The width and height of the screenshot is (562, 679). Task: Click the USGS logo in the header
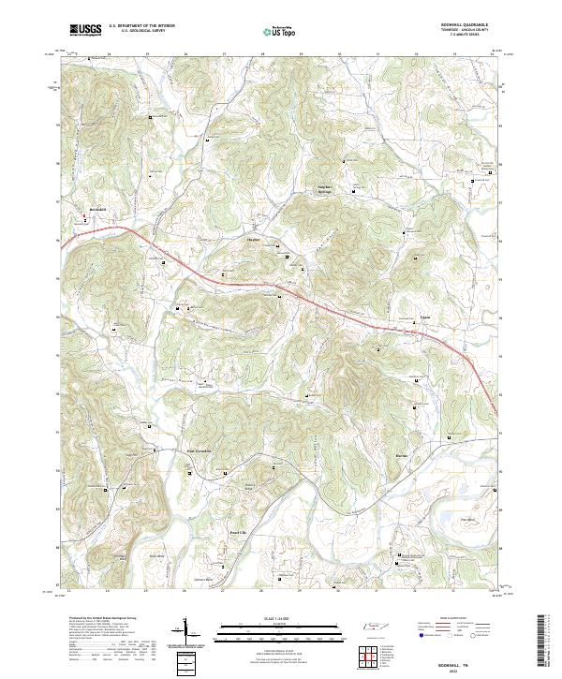click(x=85, y=31)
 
